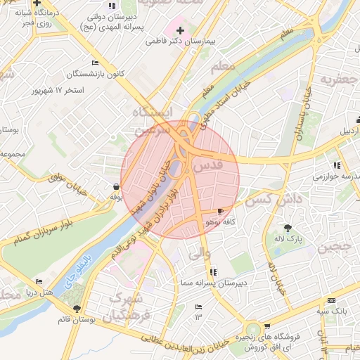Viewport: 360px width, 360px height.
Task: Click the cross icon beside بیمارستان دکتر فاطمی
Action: click(x=181, y=30)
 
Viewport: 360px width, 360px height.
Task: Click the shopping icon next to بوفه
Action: click(x=115, y=186)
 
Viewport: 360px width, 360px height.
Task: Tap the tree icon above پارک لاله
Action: click(x=288, y=227)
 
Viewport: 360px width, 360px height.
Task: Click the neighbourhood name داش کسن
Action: click(x=274, y=200)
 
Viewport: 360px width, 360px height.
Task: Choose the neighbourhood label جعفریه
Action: click(x=334, y=79)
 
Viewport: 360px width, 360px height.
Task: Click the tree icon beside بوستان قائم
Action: click(x=77, y=309)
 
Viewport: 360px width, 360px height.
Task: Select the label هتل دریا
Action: click(x=39, y=291)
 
